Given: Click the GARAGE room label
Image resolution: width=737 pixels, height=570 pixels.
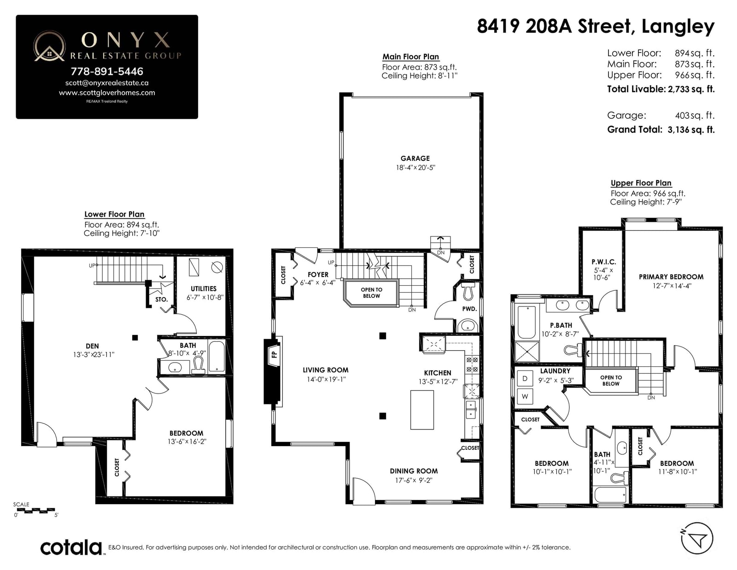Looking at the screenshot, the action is click(415, 159).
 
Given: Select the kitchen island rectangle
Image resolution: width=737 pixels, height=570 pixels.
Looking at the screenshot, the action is click(422, 410).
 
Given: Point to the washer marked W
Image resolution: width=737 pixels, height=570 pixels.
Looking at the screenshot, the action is click(525, 396).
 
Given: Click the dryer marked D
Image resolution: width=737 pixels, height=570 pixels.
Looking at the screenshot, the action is click(525, 378).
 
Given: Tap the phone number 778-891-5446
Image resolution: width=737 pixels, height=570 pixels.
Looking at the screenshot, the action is click(107, 71).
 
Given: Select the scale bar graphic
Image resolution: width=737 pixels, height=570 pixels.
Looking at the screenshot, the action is click(34, 510).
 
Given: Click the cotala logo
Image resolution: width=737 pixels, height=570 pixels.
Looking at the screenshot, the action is click(71, 547).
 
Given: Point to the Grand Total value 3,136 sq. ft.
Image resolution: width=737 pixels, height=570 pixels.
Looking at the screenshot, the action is click(691, 129).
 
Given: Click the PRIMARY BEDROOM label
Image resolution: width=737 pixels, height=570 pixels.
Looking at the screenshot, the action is click(671, 277).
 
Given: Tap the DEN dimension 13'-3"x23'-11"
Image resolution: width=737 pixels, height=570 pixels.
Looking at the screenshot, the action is click(94, 354).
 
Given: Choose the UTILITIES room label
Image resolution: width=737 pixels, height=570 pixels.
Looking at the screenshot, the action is click(204, 289).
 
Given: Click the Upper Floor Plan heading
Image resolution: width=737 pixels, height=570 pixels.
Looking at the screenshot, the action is click(641, 183).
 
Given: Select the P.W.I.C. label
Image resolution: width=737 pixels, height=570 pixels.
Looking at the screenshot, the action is click(604, 262).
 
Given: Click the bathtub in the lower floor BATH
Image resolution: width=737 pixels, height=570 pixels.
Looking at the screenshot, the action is click(216, 357).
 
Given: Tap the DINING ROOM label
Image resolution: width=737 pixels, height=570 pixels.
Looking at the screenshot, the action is click(414, 471).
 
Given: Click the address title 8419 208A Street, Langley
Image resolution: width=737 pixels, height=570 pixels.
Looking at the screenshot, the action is click(596, 26).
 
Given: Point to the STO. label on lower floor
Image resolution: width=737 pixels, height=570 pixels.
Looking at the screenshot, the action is click(161, 300).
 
